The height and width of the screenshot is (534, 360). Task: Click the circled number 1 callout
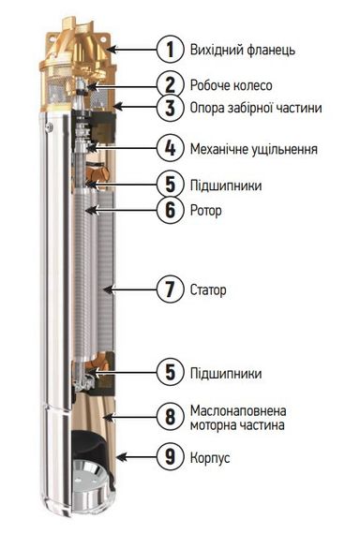(x=172, y=48)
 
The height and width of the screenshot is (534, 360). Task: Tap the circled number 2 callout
(x=172, y=84)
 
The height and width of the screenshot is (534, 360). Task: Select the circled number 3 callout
(x=172, y=108)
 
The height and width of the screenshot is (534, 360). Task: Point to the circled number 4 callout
(x=172, y=148)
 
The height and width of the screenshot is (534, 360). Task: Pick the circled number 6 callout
(x=172, y=210)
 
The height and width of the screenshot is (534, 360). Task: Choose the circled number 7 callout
(x=172, y=289)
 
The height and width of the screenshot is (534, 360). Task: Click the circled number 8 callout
(x=172, y=419)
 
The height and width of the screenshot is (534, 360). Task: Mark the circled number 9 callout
(x=172, y=458)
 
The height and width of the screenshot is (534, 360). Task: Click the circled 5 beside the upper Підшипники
(x=172, y=185)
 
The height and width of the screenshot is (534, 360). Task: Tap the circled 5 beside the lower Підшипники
(x=172, y=373)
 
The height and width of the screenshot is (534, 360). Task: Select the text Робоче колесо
(x=232, y=85)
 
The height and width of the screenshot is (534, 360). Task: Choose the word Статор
(x=212, y=290)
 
